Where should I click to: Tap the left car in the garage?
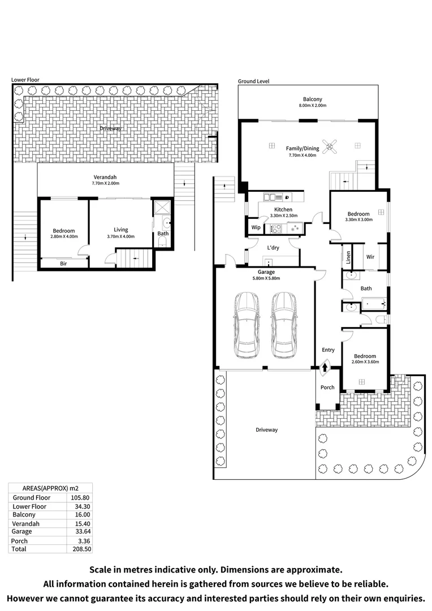pyautogui.click(x=247, y=325)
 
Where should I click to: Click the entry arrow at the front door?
pyautogui.click(x=325, y=368)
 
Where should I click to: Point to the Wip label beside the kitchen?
pyautogui.click(x=255, y=228)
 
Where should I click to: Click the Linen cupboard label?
pyautogui.click(x=348, y=257)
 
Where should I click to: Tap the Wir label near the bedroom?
pyautogui.click(x=370, y=257)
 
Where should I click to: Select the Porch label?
pyautogui.click(x=327, y=388)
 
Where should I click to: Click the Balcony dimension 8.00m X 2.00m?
pyautogui.click(x=312, y=106)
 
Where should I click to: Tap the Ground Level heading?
pyautogui.click(x=253, y=81)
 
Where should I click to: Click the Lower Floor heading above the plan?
pyautogui.click(x=25, y=80)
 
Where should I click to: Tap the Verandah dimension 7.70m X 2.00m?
pyautogui.click(x=106, y=183)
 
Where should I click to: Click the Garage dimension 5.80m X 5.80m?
pyautogui.click(x=266, y=278)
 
